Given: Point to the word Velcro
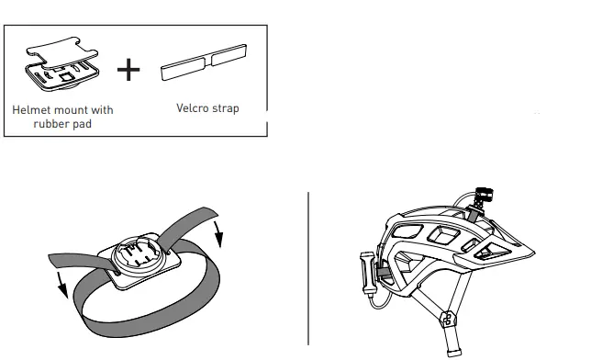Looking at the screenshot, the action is (x=192, y=108).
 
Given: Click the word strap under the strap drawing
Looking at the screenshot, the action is (x=225, y=108).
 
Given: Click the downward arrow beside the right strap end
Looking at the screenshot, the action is (x=218, y=235).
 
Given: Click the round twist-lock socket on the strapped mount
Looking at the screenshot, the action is (x=138, y=253).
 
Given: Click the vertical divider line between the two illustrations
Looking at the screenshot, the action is (x=307, y=266).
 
